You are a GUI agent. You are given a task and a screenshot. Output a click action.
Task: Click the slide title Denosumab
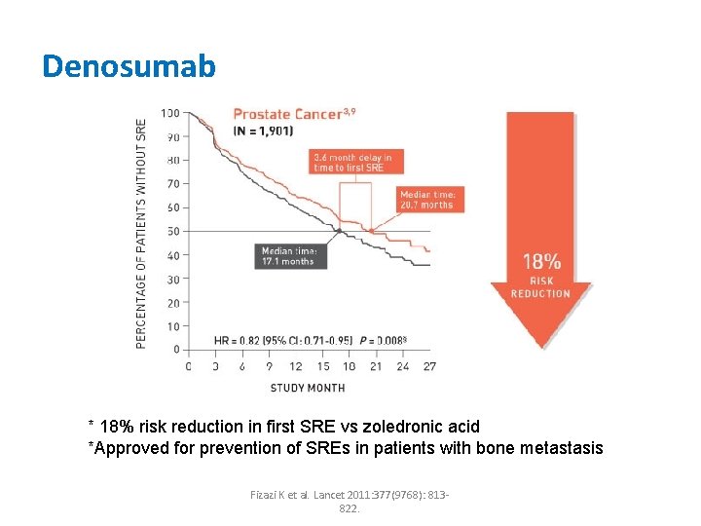click(129, 66)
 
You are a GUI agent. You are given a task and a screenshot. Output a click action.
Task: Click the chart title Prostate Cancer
click(287, 114)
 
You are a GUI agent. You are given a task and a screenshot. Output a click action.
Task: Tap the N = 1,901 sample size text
click(263, 131)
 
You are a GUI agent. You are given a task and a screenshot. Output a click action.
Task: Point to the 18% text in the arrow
click(541, 261)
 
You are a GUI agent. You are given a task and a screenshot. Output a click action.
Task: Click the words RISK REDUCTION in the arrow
click(541, 287)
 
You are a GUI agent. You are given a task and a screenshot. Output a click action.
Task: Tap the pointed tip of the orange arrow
click(541, 346)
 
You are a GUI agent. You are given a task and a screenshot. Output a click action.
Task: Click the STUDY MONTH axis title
click(307, 388)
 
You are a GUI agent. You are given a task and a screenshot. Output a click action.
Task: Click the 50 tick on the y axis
click(172, 231)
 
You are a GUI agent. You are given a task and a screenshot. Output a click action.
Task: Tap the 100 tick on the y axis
click(170, 112)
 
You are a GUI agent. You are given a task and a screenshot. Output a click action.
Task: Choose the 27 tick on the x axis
click(429, 367)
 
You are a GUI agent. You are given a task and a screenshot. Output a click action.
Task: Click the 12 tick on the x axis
click(295, 367)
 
